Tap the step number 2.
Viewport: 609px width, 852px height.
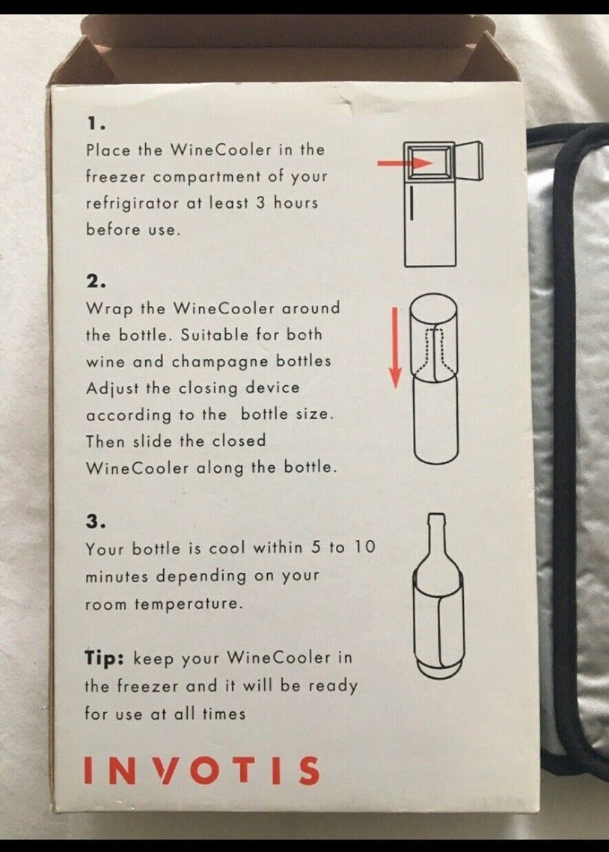click(x=96, y=281)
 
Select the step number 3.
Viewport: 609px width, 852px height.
click(x=95, y=521)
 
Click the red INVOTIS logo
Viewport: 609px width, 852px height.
click(x=201, y=770)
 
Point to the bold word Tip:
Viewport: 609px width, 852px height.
click(x=104, y=658)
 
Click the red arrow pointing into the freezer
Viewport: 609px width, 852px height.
click(x=405, y=162)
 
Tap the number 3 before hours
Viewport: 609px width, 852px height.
click(x=261, y=203)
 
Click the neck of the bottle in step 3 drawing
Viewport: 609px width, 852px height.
click(x=436, y=536)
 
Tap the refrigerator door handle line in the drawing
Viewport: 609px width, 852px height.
click(x=411, y=203)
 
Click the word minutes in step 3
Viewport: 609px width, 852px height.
click(x=116, y=576)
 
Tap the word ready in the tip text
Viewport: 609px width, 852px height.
click(x=333, y=686)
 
